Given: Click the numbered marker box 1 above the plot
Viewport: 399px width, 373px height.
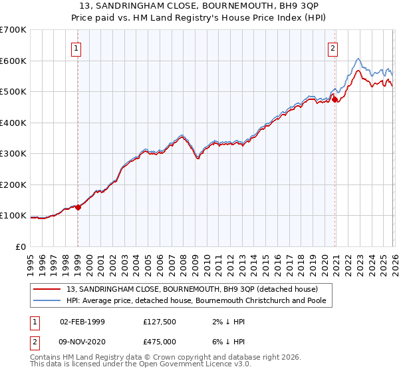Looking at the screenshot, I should pos(78,48).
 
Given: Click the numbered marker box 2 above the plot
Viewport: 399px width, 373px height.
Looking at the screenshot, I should pos(332,48).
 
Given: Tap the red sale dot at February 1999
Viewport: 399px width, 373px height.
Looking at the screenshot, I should pos(78,207).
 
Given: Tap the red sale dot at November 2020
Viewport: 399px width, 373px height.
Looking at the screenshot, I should pos(334,100).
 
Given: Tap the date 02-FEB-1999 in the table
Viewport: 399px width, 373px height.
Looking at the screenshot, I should pos(82,322).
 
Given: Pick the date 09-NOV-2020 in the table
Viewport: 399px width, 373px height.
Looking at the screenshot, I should pos(82,342).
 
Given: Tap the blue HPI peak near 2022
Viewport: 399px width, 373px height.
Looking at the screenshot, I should pos(358,58).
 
